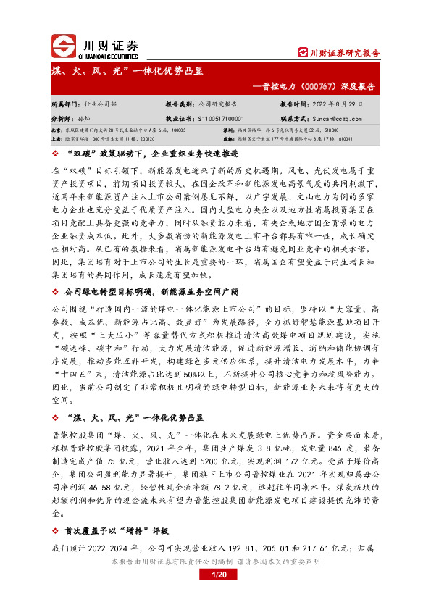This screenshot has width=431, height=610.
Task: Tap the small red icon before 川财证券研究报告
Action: [x=304, y=53]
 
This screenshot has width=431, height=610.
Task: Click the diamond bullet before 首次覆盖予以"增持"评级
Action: [x=57, y=530]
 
